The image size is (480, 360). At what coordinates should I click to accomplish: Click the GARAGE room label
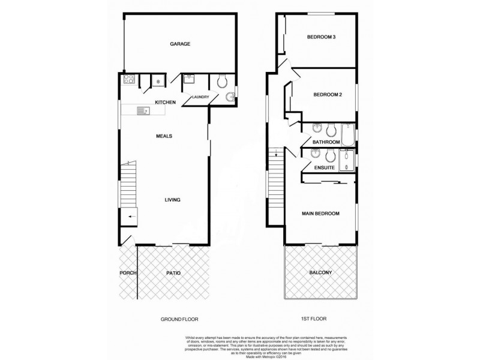coord(180,44)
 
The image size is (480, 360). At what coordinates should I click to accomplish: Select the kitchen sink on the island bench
coord(143,110)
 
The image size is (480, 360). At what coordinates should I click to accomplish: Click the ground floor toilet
coord(221,80)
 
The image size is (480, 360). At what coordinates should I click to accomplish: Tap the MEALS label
coord(164,136)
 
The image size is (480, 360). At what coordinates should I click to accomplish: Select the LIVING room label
coord(173,200)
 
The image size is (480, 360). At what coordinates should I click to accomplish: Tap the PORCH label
coord(128,274)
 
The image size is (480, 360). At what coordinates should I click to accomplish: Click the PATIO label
coord(173,274)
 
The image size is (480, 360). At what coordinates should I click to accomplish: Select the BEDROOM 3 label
coord(321,37)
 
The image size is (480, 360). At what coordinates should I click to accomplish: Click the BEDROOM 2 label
coord(328,95)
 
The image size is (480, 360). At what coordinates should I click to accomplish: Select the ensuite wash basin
coord(314,154)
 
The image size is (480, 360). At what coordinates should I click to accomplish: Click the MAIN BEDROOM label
coord(320,214)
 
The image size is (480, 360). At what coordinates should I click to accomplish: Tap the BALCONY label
coord(321,273)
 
